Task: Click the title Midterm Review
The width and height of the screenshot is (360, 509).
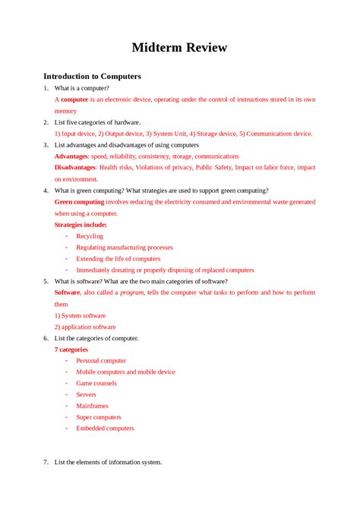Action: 179,48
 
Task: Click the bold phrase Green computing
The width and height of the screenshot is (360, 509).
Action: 79,202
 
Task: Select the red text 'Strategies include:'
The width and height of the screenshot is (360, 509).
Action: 81,225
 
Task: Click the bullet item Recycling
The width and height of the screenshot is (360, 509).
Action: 90,236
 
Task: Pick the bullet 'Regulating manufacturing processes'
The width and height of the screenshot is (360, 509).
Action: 124,248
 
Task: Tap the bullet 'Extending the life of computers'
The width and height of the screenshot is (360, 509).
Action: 118,259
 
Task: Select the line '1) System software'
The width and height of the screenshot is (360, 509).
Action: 80,315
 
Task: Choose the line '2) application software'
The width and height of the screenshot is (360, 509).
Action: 85,327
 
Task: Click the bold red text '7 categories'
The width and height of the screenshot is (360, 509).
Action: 72,349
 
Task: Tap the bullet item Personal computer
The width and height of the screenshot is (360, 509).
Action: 101,361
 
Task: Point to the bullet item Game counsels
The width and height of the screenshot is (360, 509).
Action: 96,384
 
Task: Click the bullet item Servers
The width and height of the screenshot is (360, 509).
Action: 86,395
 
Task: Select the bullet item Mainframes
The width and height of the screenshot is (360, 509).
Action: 92,406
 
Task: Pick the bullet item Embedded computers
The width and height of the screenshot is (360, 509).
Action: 105,428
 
